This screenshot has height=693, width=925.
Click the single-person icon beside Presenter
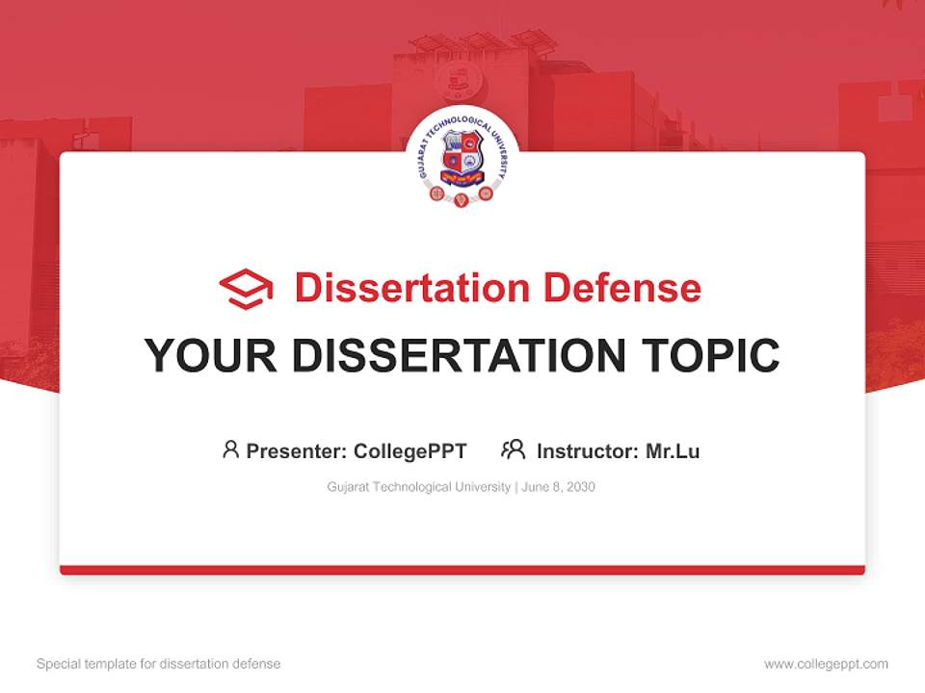click(x=230, y=449)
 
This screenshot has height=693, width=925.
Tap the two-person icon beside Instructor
click(x=513, y=449)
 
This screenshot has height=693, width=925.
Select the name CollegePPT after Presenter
click(x=410, y=450)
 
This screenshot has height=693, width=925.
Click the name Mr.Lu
click(x=673, y=450)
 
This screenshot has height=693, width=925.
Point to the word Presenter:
click(x=297, y=450)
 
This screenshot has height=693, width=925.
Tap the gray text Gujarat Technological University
click(x=418, y=487)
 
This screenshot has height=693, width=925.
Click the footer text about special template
click(x=159, y=664)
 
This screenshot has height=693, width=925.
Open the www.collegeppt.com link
click(x=826, y=664)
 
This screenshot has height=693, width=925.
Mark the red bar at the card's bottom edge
click(x=462, y=570)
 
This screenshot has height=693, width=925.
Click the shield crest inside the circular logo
click(x=462, y=154)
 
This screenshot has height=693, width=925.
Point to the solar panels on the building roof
click(x=482, y=40)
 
